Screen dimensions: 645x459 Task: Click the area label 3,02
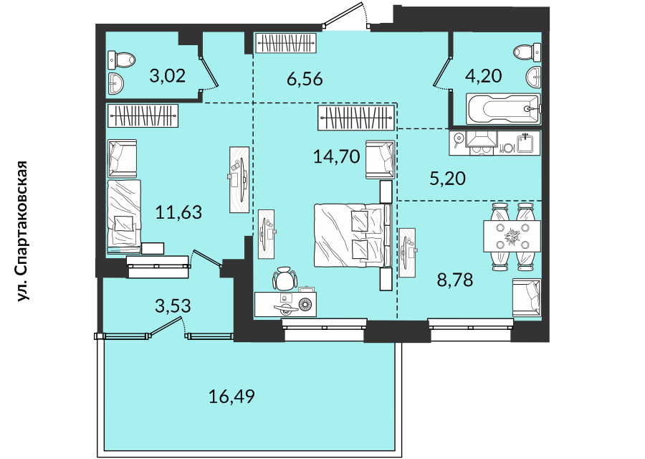click(x=168, y=76)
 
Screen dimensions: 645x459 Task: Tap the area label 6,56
click(x=305, y=79)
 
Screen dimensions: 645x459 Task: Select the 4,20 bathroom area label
click(x=483, y=76)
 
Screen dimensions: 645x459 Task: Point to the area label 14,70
click(x=337, y=156)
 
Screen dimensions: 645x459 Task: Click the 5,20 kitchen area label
click(x=447, y=179)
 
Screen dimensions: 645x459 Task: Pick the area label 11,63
click(x=178, y=212)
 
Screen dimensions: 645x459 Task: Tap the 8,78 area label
click(x=455, y=280)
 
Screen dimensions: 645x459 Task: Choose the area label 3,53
click(x=173, y=306)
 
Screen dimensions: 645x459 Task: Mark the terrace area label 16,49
click(x=231, y=397)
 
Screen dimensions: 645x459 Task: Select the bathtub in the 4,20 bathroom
click(x=502, y=109)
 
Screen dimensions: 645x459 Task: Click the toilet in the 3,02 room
click(x=121, y=60)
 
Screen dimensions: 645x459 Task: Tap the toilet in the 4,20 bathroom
click(x=527, y=52)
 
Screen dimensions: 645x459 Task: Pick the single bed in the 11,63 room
click(x=124, y=216)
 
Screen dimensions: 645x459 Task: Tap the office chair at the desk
click(x=285, y=279)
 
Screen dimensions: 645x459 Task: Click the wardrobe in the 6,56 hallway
click(x=286, y=43)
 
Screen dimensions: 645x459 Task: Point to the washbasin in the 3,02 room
click(x=115, y=82)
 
